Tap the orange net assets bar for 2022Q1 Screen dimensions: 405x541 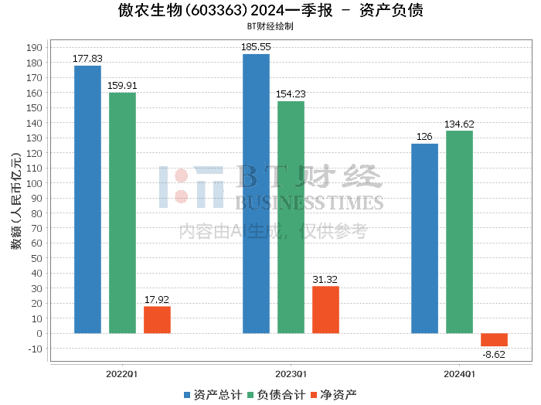pyautogui.click(x=157, y=320)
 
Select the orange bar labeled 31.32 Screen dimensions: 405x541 pyautogui.click(x=325, y=310)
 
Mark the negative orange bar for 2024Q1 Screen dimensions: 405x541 pyautogui.click(x=494, y=340)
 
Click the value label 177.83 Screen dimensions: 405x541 pyautogui.click(x=87, y=59)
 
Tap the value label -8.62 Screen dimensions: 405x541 pyautogui.click(x=494, y=354)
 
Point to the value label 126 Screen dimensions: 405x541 pyautogui.click(x=424, y=137)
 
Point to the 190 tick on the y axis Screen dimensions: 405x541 pyautogui.click(x=34, y=48)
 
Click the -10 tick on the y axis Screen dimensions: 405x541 pyautogui.click(x=34, y=349)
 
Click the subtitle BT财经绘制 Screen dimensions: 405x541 pyautogui.click(x=270, y=26)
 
